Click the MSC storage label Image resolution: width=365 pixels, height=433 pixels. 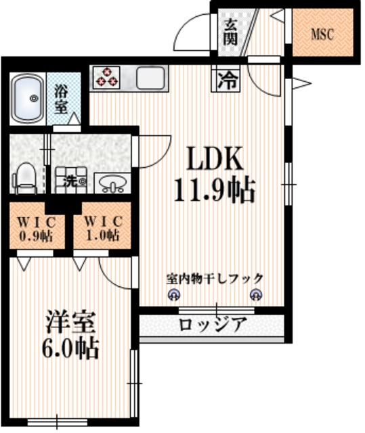(322, 35)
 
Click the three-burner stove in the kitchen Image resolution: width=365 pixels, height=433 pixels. (106, 77)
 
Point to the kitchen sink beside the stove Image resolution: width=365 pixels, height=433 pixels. (151, 77)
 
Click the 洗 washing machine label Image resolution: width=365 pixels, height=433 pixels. (71, 181)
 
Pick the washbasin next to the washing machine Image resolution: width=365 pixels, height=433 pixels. (111, 183)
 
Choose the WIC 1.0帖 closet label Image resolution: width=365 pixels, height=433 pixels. (102, 229)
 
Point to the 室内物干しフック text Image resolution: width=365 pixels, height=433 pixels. (214, 278)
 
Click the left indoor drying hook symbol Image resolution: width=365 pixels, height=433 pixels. (173, 295)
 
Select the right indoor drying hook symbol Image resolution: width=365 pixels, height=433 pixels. (255, 295)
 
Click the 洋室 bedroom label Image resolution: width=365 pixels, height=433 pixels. (72, 320)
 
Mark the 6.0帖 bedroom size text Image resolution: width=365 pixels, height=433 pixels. (72, 350)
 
